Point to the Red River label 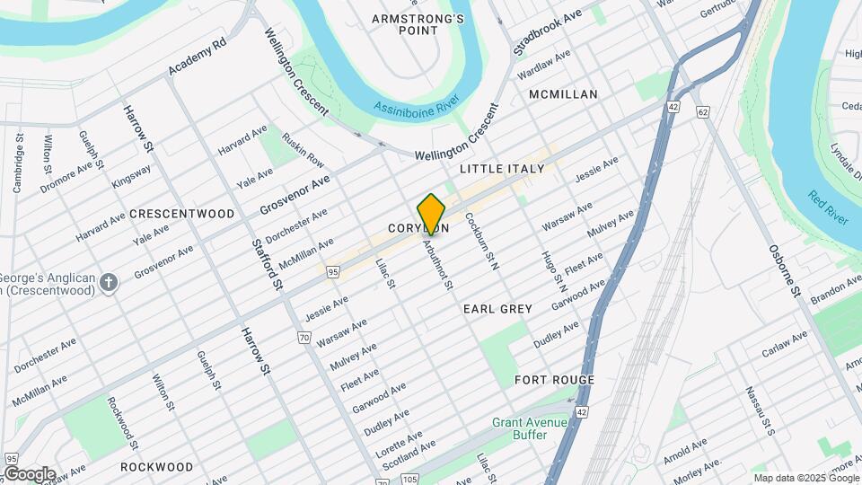pos(828,208)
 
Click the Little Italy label pos(502,169)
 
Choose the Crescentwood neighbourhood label pos(181,214)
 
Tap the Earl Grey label pos(497,308)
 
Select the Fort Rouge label pos(554,380)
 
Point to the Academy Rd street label pos(197,57)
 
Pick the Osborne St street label pos(783,270)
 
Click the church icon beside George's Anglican pos(109,284)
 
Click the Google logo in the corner pos(30,474)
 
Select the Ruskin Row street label pos(303,151)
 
